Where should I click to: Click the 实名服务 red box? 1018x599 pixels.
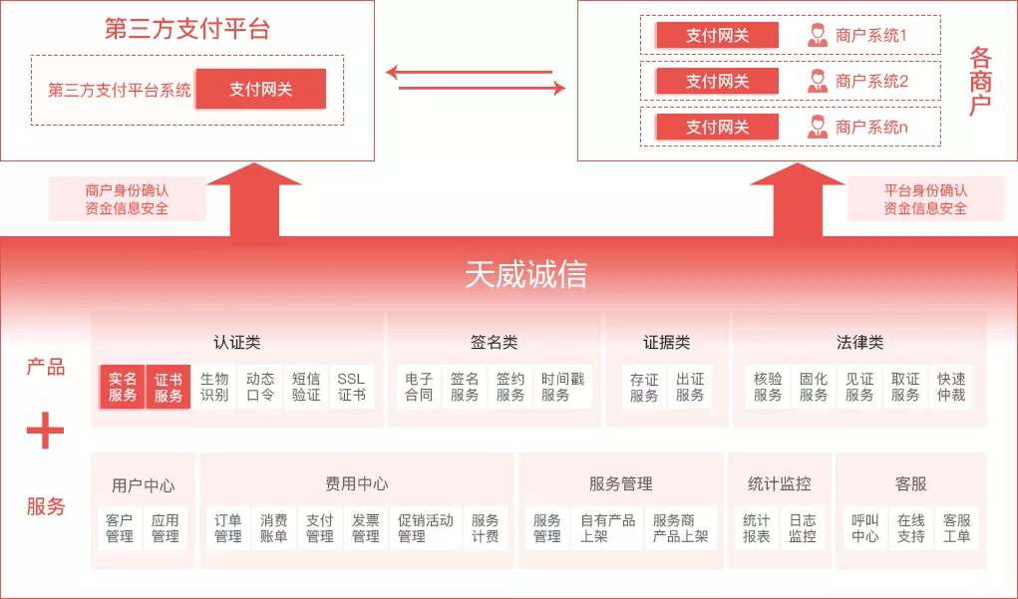(123, 387)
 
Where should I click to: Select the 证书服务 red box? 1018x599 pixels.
(169, 387)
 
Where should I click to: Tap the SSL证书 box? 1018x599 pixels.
(351, 387)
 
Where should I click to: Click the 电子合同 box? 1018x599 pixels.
(419, 387)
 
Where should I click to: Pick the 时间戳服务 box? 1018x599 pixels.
(562, 387)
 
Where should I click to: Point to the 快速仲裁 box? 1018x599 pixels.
(951, 387)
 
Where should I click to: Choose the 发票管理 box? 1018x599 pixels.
(366, 528)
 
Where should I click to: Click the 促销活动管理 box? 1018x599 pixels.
(426, 528)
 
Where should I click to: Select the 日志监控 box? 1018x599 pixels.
(803, 528)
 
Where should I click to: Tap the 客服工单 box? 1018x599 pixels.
(956, 528)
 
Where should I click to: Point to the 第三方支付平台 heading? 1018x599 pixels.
(186, 28)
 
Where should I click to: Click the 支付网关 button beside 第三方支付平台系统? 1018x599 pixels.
(261, 89)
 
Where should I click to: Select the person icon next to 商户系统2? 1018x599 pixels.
(818, 82)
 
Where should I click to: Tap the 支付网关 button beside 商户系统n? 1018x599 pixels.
(717, 127)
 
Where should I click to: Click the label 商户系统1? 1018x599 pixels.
(871, 36)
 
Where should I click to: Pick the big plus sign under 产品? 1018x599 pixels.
(45, 432)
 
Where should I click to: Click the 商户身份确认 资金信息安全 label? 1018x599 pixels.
(127, 199)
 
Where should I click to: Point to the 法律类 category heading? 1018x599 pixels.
(859, 343)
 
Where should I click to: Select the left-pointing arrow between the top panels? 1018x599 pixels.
(469, 72)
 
